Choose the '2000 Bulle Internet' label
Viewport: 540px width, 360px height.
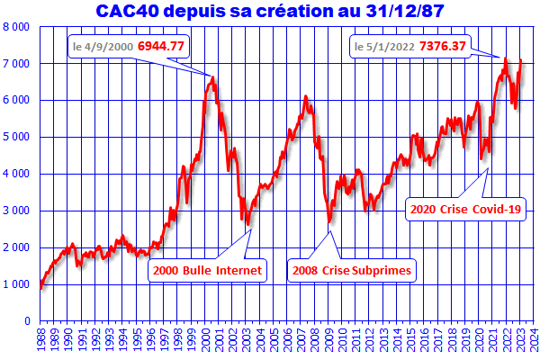(208, 269)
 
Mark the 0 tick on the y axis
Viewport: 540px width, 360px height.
(26, 320)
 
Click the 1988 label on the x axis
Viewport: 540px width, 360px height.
(40, 340)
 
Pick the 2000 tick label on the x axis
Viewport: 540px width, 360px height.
(206, 340)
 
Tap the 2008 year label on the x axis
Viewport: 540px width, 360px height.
(316, 340)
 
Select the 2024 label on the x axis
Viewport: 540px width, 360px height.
(535, 340)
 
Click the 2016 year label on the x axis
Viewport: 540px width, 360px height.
(426, 340)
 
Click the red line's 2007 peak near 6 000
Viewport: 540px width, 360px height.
(306, 95)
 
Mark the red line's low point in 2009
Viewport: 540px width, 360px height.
(329, 221)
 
